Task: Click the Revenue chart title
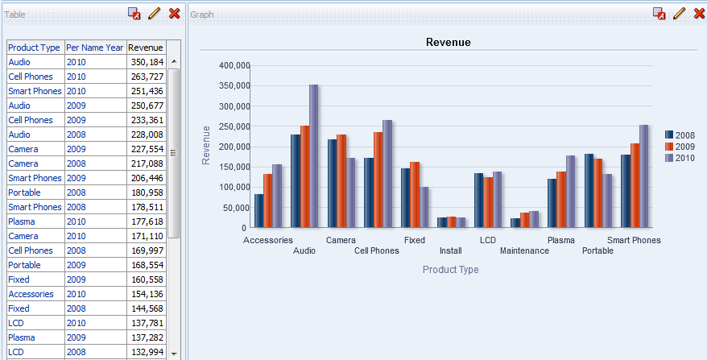tap(448, 42)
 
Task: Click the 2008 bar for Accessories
tap(258, 210)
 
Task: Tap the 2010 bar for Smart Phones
tap(644, 176)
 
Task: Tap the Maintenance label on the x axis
tap(524, 250)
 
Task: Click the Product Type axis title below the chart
tap(450, 270)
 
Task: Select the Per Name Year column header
tap(94, 48)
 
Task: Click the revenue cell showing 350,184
tap(146, 62)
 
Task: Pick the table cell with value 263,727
tap(146, 77)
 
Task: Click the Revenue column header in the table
tap(146, 48)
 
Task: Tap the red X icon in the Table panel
tap(174, 14)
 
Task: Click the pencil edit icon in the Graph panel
tap(679, 14)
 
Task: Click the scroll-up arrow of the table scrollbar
tap(173, 62)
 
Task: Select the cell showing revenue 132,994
tap(146, 352)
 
